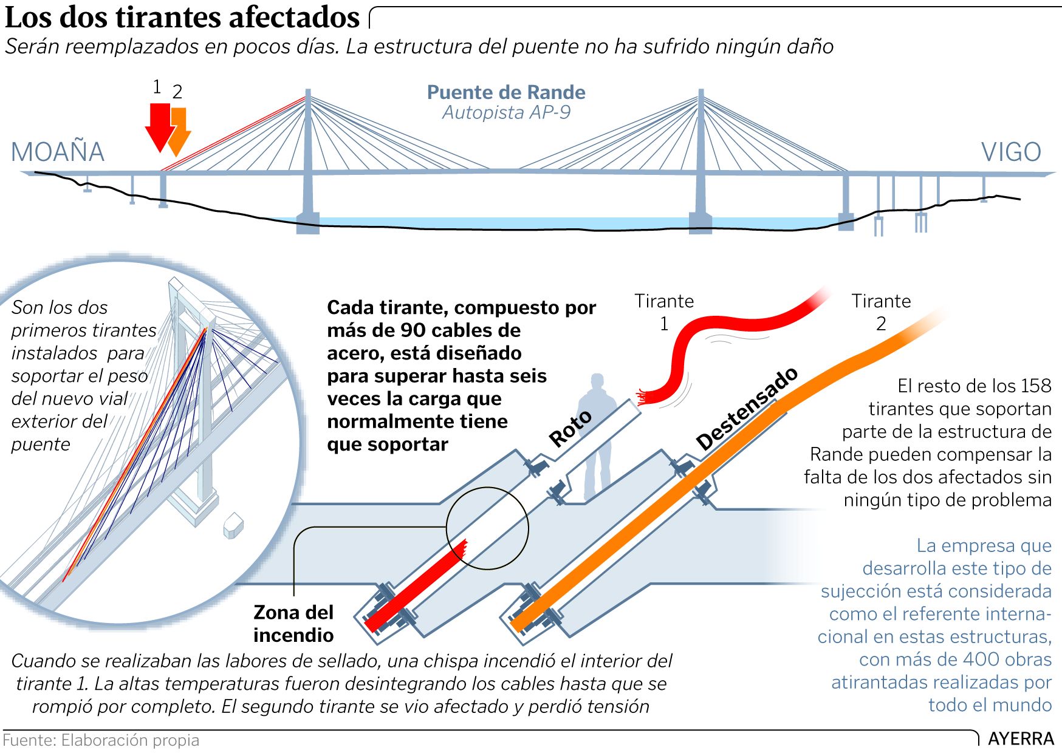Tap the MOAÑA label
58,152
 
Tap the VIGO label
1011,152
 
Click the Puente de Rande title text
506,92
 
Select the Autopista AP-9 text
506,113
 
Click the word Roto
570,428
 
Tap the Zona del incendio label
293,624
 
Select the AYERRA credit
1021,738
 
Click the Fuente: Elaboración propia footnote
101,740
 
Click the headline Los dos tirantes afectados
182,17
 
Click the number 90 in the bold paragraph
413,330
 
